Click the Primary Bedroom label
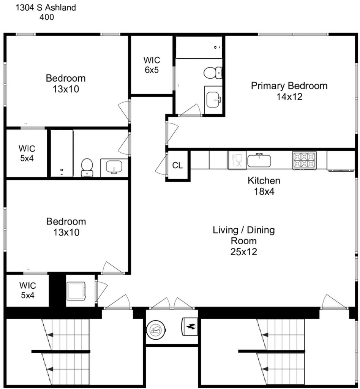pos(289,86)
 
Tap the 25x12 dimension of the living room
pos(244,252)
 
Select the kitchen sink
pos(259,160)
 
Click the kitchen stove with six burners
pos(304,160)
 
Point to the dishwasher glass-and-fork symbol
pos(237,160)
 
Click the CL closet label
pos(177,165)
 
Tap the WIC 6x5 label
pos(152,65)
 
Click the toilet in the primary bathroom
pos(213,73)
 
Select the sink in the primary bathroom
pos(213,100)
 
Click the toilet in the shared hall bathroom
pos(87,168)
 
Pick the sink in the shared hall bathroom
pos(114,167)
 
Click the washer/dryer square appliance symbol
pos(76,291)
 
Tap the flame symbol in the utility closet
pos(190,327)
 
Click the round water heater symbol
pos(156,330)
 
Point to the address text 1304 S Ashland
pos(46,8)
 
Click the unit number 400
pos(47,17)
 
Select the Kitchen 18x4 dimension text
pos(264,191)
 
